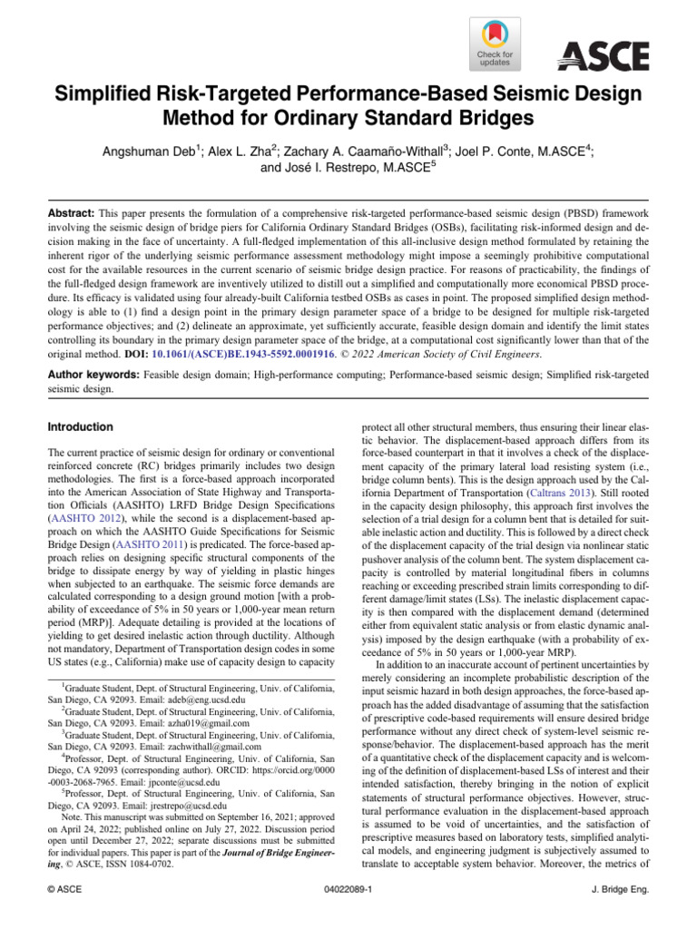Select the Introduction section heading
[81, 426]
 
